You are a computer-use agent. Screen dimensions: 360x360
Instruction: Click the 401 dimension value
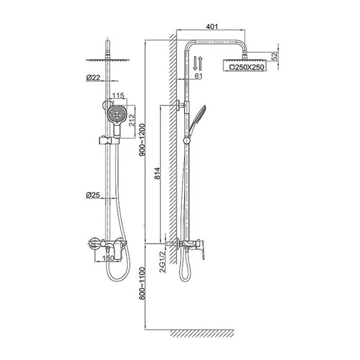(211, 27)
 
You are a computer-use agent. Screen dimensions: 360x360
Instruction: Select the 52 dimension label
(274, 57)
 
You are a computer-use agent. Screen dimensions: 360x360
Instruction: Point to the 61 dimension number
(198, 76)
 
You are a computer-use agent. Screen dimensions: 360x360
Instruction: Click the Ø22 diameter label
(93, 78)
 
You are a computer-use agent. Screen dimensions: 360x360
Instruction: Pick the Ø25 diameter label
(93, 195)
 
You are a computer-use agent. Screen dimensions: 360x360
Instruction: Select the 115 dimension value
(118, 95)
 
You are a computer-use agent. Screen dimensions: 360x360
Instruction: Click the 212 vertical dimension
(132, 120)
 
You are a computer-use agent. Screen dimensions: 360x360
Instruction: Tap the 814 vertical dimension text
(157, 173)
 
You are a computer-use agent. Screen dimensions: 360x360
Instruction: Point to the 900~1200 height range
(142, 140)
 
